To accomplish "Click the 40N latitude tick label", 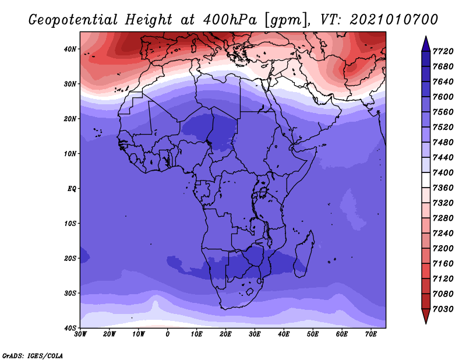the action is point(70,49).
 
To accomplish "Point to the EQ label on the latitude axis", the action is point(72,189).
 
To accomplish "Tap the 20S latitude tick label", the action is point(70,258).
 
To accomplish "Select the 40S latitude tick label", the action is point(70,328).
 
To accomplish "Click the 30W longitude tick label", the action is point(80,334).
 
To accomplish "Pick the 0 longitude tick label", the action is point(168,334).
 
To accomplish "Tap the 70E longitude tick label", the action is point(371,334).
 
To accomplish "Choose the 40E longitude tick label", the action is point(284,334).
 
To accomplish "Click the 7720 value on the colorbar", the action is point(443,51).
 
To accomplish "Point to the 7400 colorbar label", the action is point(443,172).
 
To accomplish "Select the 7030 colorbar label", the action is point(443,309).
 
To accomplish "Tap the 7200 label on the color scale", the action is point(443,249).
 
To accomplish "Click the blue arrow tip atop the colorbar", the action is point(426,37).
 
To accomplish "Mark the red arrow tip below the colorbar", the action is point(426,323).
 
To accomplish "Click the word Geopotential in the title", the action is point(73,20).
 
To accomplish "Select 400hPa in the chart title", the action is point(230,20).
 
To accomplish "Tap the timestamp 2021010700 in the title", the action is point(394,19).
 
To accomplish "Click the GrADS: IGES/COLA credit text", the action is point(33,355).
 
